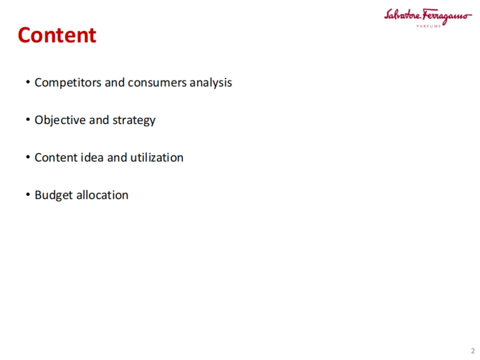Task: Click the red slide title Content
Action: tap(57, 35)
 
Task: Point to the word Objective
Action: tap(60, 120)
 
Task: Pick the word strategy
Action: tap(134, 120)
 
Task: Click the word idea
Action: tap(93, 157)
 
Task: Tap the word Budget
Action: tap(54, 195)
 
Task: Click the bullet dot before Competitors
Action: tap(28, 82)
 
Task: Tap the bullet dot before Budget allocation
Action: tap(28, 195)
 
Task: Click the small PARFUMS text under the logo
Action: tap(428, 26)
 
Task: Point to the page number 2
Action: tap(472, 351)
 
